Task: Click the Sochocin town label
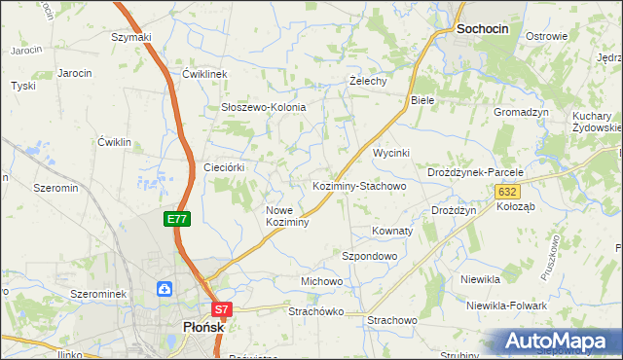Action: click(483, 30)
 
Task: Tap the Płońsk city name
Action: click(203, 328)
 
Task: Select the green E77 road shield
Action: click(176, 220)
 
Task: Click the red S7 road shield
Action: click(222, 310)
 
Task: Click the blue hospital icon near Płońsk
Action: click(165, 288)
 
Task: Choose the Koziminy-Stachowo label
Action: click(358, 185)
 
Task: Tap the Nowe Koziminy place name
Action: click(287, 216)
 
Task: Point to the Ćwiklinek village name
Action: click(204, 74)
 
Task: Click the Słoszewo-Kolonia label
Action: click(264, 107)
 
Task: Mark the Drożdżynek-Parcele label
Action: click(476, 172)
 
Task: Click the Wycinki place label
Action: click(391, 154)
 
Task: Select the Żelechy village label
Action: click(368, 82)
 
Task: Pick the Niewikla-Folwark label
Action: click(506, 306)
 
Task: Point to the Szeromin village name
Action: click(55, 188)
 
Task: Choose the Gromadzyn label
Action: click(521, 112)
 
